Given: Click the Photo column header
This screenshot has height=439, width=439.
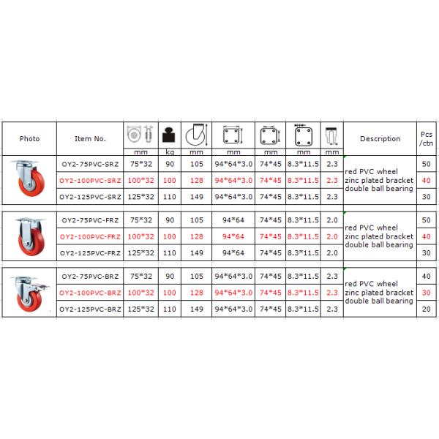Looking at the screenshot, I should pyautogui.click(x=30, y=138).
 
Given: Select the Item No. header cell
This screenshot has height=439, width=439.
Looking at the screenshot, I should pyautogui.click(x=90, y=138).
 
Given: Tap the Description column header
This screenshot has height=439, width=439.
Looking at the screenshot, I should pyautogui.click(x=380, y=138).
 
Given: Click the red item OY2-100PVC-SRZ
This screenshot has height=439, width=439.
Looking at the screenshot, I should pyautogui.click(x=90, y=180).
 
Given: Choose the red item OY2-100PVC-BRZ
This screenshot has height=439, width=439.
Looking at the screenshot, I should pyautogui.click(x=90, y=293).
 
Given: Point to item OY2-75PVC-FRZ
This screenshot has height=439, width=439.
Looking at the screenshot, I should pyautogui.click(x=90, y=219).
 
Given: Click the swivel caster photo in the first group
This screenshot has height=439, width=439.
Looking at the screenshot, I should pyautogui.click(x=30, y=179).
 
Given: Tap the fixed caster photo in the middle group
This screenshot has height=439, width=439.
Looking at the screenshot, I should pyautogui.click(x=30, y=236).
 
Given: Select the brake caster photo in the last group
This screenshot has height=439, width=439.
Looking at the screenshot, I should pyautogui.click(x=30, y=292).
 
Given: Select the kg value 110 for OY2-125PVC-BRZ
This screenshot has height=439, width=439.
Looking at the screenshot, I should pyautogui.click(x=170, y=309).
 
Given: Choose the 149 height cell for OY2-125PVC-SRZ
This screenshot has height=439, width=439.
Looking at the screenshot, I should pyautogui.click(x=196, y=197).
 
